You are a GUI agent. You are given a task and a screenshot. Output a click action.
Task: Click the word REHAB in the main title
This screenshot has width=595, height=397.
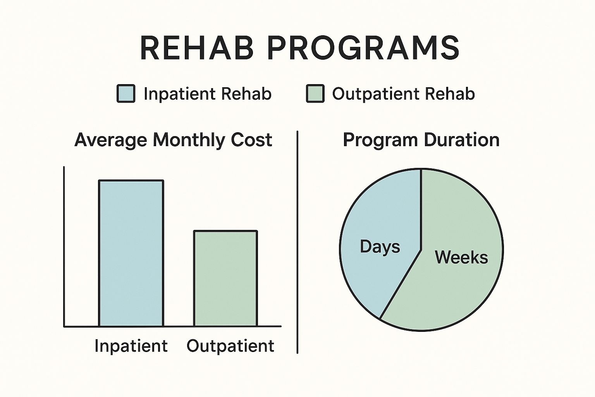click(x=197, y=48)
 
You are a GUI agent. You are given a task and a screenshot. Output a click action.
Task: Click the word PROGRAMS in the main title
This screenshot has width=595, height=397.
click(x=363, y=48)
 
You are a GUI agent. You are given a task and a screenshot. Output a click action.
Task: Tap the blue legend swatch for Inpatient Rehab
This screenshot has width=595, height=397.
click(x=126, y=94)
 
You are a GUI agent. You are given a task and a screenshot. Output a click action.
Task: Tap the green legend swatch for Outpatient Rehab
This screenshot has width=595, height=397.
click(x=315, y=94)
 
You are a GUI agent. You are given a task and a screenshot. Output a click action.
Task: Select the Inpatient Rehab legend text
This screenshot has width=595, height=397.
click(x=207, y=94)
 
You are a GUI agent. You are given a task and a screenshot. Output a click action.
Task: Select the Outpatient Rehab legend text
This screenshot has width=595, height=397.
click(x=403, y=94)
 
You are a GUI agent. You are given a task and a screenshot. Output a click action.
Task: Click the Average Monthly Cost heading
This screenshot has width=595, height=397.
click(x=173, y=140)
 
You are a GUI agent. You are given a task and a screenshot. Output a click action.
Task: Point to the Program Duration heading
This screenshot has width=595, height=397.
click(x=421, y=140)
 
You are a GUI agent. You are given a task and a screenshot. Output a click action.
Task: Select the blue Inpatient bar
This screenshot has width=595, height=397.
click(x=131, y=253)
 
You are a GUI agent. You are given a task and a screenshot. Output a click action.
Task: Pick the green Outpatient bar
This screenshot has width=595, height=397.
click(x=225, y=278)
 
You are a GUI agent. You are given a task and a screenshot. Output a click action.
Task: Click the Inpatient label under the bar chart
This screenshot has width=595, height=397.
click(x=131, y=346)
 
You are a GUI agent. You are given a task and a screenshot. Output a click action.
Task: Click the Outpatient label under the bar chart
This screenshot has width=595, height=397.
click(x=230, y=346)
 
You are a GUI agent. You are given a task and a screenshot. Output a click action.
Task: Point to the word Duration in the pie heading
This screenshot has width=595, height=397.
click(x=461, y=140)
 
